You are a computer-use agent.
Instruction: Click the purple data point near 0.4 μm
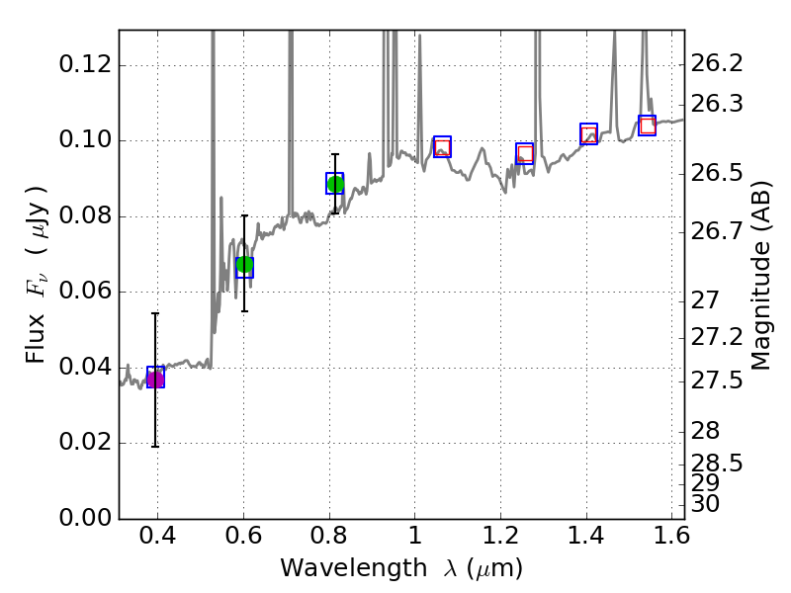pyautogui.click(x=155, y=380)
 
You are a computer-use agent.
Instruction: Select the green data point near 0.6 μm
pyautogui.click(x=244, y=265)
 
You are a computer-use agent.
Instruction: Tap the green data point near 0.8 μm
pyautogui.click(x=335, y=184)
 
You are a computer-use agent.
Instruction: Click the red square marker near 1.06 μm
pyautogui.click(x=442, y=147)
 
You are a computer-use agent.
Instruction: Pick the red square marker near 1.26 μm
pyautogui.click(x=525, y=153)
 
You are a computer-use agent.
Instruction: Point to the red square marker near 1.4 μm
pyautogui.click(x=589, y=134)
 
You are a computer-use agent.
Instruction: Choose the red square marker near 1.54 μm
pyautogui.click(x=648, y=126)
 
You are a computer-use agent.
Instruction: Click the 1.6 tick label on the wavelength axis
pyautogui.click(x=671, y=540)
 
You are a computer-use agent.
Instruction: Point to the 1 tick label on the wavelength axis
pyautogui.click(x=415, y=540)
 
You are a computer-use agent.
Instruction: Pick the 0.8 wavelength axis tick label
pyautogui.click(x=329, y=540)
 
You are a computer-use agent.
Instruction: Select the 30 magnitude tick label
pyautogui.click(x=708, y=504)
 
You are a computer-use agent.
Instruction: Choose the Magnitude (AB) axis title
pyautogui.click(x=761, y=282)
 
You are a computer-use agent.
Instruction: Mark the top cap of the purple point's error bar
pyautogui.click(x=155, y=313)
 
